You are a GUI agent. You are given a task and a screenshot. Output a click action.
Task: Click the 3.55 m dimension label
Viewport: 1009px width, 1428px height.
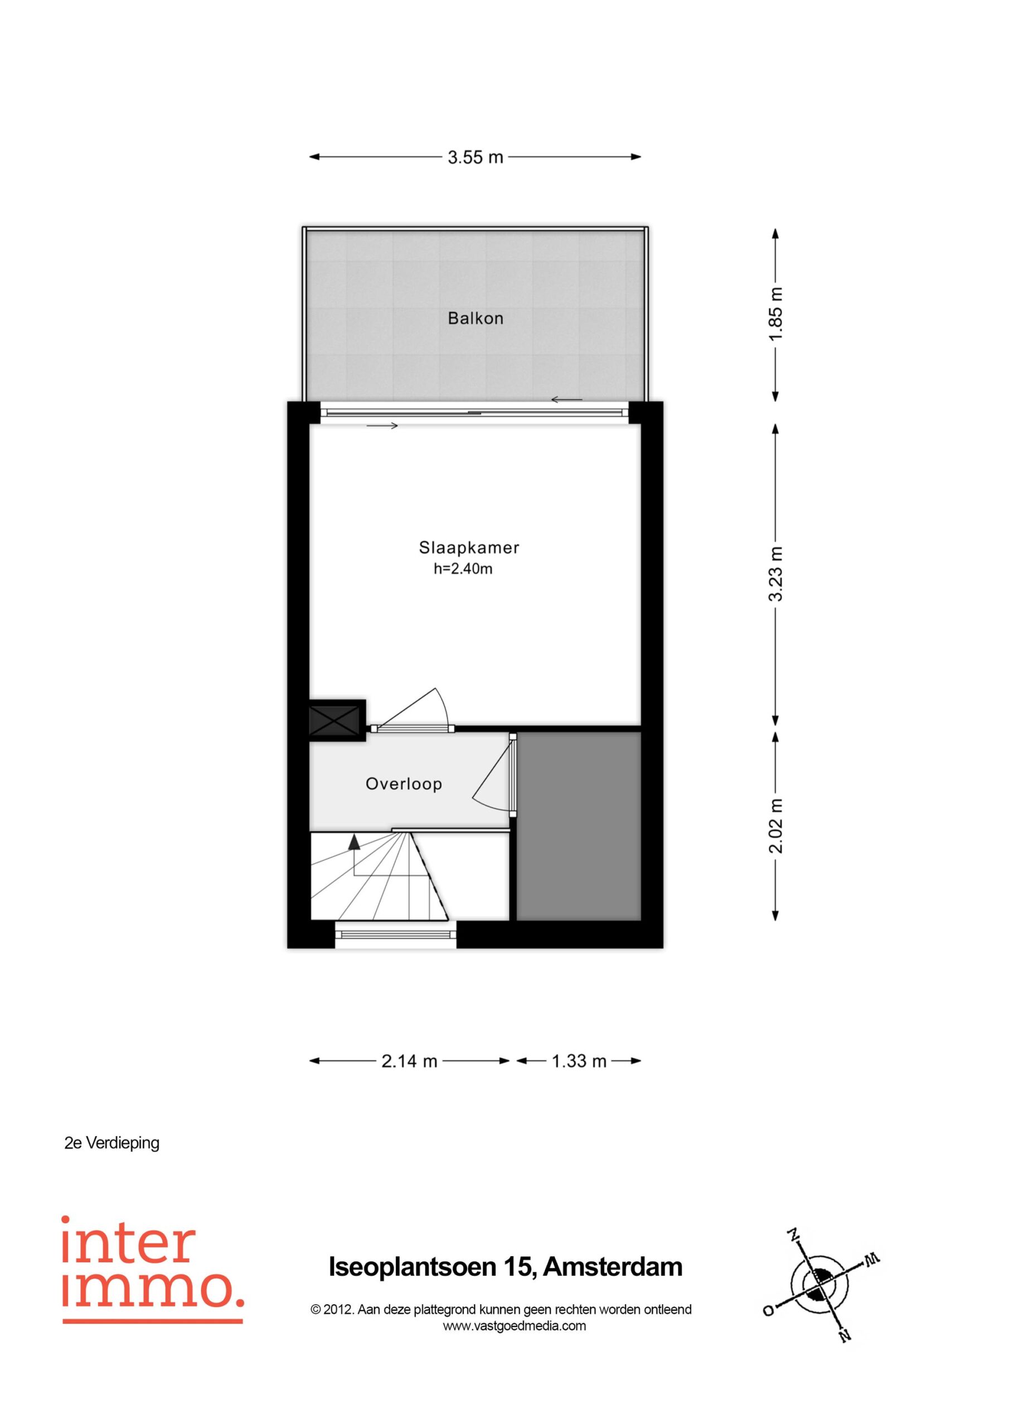(475, 157)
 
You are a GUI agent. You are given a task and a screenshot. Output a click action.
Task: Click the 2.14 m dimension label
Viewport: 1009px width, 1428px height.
(409, 1060)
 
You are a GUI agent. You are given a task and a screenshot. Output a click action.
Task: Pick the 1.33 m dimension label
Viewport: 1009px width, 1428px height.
(579, 1060)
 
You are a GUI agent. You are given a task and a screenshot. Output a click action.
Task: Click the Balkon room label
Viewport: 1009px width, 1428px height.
(476, 319)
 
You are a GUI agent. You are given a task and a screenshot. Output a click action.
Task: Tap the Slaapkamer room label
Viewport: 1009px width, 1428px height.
(469, 547)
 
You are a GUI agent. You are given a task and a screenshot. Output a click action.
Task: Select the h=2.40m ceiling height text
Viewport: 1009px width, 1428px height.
(463, 568)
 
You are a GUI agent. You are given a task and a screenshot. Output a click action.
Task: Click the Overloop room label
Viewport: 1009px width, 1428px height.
(404, 784)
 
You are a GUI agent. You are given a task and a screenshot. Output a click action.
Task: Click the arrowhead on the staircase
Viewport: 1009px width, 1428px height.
(354, 842)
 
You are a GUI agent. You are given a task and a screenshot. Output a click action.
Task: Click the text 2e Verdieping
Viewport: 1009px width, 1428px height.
(112, 1142)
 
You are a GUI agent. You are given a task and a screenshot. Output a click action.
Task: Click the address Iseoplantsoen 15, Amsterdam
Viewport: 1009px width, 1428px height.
(506, 1267)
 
